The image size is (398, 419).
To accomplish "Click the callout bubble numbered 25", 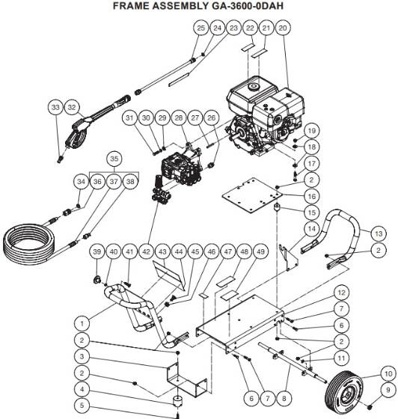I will (x=200, y=28).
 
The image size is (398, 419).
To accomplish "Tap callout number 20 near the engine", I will (x=282, y=28).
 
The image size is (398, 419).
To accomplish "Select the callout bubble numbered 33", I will (x=55, y=108).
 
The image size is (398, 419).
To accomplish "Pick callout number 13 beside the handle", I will (x=379, y=233).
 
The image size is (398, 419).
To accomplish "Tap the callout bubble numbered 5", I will (x=84, y=406).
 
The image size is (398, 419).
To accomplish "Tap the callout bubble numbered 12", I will (x=341, y=293).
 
